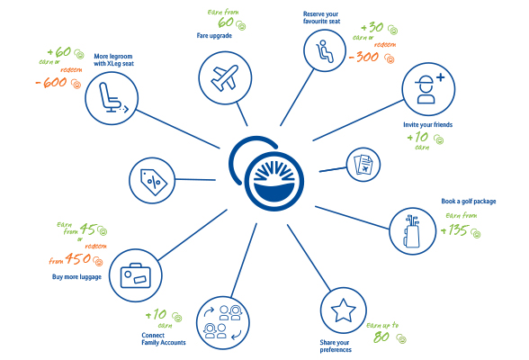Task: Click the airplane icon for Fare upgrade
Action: pyautogui.click(x=225, y=78)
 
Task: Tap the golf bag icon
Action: pyautogui.click(x=412, y=230)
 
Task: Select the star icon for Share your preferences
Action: pyautogui.click(x=343, y=310)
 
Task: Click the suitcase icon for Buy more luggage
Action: pyautogui.click(x=136, y=275)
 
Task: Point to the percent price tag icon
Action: pyautogui.click(x=153, y=182)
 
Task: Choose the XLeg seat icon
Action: pyautogui.click(x=113, y=98)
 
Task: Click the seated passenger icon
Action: pyautogui.click(x=324, y=51)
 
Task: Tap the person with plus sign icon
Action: pyautogui.click(x=429, y=89)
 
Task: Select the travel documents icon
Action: pyautogui.click(x=363, y=165)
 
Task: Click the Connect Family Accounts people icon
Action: pyautogui.click(x=223, y=322)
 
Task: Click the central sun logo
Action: pyautogui.click(x=273, y=181)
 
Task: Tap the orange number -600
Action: pyautogui.click(x=51, y=82)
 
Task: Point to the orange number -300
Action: pyautogui.click(x=363, y=57)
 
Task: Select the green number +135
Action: pyautogui.click(x=454, y=230)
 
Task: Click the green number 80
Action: pyautogui.click(x=381, y=337)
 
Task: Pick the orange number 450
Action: pyautogui.click(x=78, y=258)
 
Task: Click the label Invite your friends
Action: pyautogui.click(x=428, y=124)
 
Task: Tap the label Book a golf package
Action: pyautogui.click(x=469, y=202)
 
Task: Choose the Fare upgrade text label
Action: pyautogui.click(x=214, y=35)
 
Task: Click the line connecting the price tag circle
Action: pyautogui.click(x=195, y=179)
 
